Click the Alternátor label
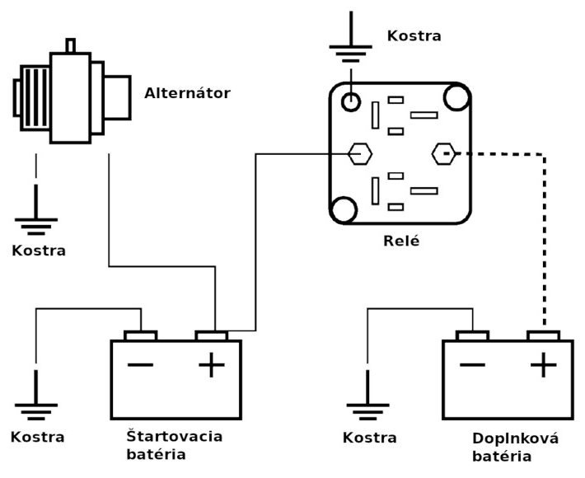pyautogui.click(x=187, y=92)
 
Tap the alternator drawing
pyautogui.click(x=73, y=98)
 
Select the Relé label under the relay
pyautogui.click(x=401, y=241)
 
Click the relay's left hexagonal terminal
pyautogui.click(x=359, y=153)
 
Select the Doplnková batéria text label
pyautogui.click(x=516, y=446)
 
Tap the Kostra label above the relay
pyautogui.click(x=414, y=36)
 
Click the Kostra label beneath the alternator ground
pyautogui.click(x=38, y=250)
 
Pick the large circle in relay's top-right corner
pyautogui.click(x=455, y=97)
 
